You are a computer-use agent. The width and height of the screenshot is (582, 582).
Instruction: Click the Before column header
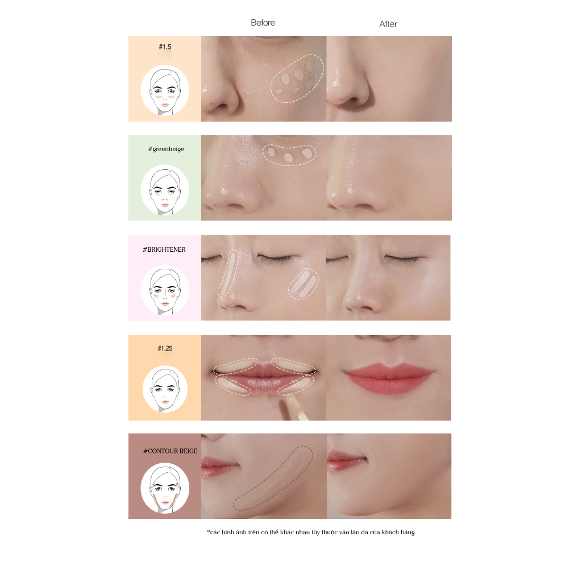(x=263, y=23)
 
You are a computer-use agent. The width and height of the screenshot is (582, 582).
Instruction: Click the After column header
(x=388, y=24)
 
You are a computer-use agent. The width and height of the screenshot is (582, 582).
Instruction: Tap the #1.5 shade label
(x=165, y=47)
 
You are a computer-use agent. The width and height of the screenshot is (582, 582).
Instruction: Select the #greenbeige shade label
(x=166, y=149)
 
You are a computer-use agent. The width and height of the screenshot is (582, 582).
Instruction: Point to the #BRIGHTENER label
(x=164, y=250)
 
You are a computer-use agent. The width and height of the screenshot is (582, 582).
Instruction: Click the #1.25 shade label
(x=165, y=348)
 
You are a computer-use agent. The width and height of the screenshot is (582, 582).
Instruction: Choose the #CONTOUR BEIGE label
(x=171, y=451)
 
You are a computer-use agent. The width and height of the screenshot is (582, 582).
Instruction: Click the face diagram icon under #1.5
(x=165, y=90)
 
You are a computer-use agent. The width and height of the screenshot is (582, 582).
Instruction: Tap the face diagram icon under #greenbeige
(x=165, y=190)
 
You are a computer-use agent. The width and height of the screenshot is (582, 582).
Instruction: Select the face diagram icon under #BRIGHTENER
(x=165, y=290)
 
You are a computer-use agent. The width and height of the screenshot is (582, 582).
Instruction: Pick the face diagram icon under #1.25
(x=165, y=389)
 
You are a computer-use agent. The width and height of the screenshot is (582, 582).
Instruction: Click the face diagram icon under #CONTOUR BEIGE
(x=165, y=488)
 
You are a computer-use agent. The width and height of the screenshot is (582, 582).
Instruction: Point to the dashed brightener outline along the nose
(x=227, y=274)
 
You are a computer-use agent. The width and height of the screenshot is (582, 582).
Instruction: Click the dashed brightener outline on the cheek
(x=304, y=284)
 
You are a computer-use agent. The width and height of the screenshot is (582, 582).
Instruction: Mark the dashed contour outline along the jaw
(x=272, y=479)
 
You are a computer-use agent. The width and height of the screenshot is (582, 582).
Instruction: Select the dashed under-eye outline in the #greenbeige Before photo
(x=289, y=155)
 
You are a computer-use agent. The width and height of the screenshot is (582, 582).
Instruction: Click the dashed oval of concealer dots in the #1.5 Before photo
(x=297, y=78)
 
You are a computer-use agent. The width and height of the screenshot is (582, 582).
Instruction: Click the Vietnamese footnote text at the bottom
(x=311, y=532)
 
